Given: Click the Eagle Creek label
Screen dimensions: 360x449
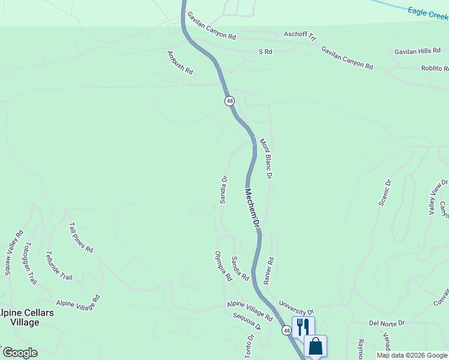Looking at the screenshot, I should (x=428, y=13).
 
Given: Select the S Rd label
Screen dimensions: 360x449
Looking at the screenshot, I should (x=265, y=52).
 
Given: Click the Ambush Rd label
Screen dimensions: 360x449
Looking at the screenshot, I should (x=180, y=62).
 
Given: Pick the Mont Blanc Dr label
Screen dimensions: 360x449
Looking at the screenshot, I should (x=266, y=159).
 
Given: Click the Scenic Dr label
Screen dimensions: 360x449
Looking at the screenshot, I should (x=384, y=193).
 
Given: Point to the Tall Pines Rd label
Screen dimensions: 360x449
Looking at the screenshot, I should (x=81, y=238).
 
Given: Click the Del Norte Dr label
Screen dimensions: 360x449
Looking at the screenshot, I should (x=387, y=323).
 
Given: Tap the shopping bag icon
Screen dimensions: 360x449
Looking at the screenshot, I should (x=315, y=346).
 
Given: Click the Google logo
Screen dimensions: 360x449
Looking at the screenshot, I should (x=19, y=353).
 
